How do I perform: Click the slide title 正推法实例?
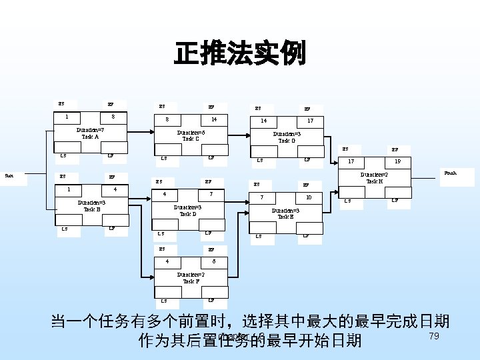240,54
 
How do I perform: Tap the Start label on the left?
9,175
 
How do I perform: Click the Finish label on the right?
451,173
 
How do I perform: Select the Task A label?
90,137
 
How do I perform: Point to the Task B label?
91,209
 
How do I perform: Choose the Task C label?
191,139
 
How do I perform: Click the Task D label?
188,214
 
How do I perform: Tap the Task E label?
285,217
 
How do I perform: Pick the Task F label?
191,281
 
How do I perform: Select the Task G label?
287,141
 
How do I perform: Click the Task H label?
374,181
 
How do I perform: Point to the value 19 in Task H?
397,162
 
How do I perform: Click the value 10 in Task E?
308,197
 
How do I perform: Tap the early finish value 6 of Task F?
213,261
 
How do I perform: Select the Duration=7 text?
90,130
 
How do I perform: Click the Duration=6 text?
191,132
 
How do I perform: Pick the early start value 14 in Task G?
264,121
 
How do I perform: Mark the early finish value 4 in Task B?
115,189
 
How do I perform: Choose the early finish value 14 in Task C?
213,119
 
